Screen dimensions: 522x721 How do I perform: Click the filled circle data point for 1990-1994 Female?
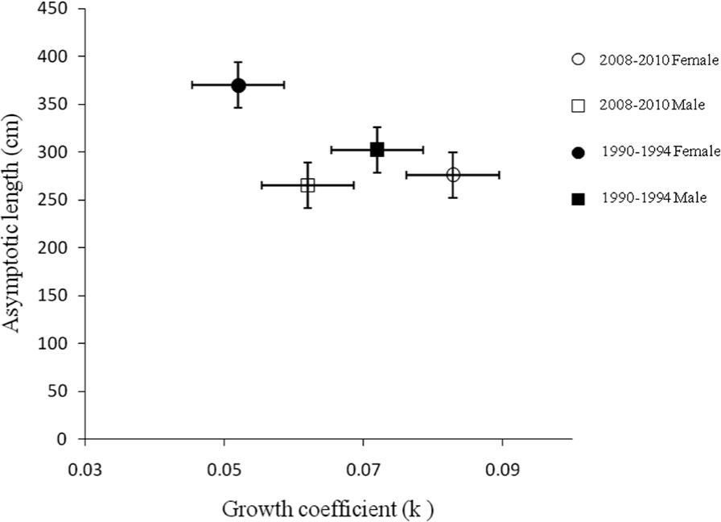click(x=238, y=85)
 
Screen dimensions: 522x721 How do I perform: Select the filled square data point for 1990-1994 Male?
click(x=377, y=149)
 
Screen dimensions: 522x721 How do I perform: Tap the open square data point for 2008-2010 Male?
click(x=307, y=184)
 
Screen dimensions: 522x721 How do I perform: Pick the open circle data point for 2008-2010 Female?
click(x=453, y=175)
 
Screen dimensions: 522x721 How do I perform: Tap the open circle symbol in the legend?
click(x=577, y=60)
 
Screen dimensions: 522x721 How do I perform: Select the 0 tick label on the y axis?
click(x=70, y=439)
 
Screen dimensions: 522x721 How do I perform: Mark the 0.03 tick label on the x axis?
click(x=84, y=468)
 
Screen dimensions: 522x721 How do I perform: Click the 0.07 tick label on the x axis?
click(x=363, y=468)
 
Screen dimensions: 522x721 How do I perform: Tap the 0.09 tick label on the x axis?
click(x=502, y=468)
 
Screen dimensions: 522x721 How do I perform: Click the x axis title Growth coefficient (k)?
click(x=328, y=508)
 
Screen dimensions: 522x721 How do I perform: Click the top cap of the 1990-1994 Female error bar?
click(x=238, y=62)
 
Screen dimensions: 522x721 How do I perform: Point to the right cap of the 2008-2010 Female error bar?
click(x=499, y=175)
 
